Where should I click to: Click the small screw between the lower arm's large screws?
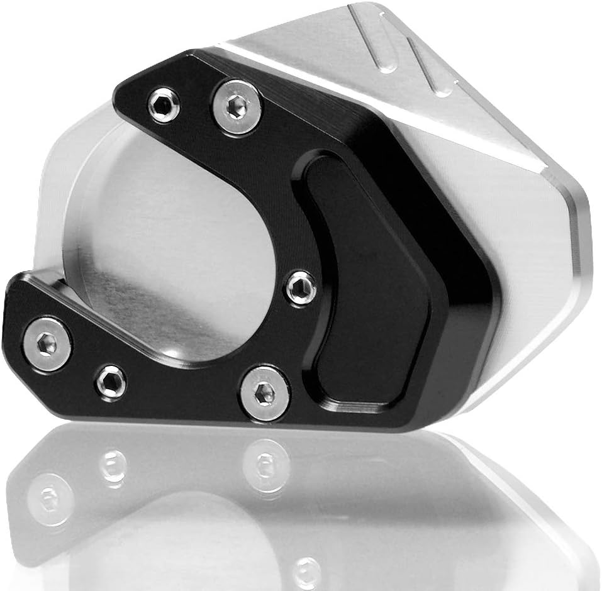pos(109,380)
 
